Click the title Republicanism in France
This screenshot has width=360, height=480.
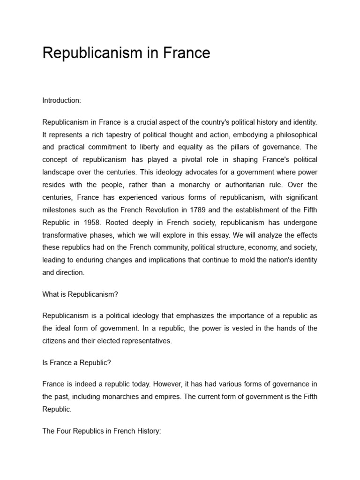click(126, 53)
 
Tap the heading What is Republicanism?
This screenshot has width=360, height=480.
click(80, 294)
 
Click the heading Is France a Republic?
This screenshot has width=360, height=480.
click(77, 362)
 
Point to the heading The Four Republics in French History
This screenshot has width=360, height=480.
click(102, 431)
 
